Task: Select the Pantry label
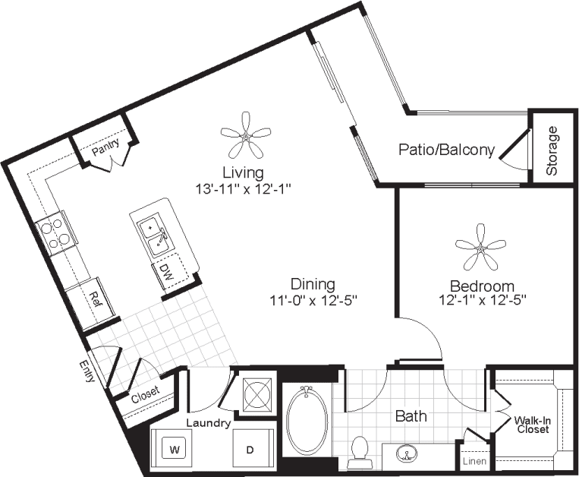pyautogui.click(x=105, y=150)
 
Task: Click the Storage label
pyautogui.click(x=552, y=150)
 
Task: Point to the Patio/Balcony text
pyautogui.click(x=446, y=150)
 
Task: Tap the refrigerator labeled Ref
pyautogui.click(x=95, y=299)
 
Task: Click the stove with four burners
pyautogui.click(x=54, y=232)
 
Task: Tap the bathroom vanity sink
pyautogui.click(x=408, y=454)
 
